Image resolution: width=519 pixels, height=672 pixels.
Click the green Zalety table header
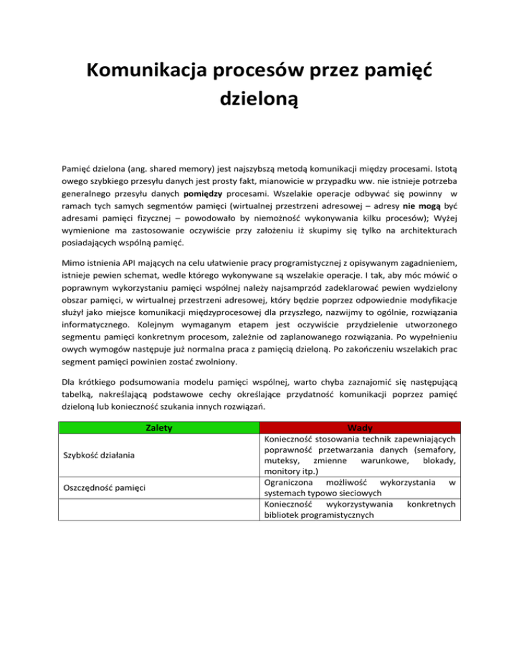tap(157, 427)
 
